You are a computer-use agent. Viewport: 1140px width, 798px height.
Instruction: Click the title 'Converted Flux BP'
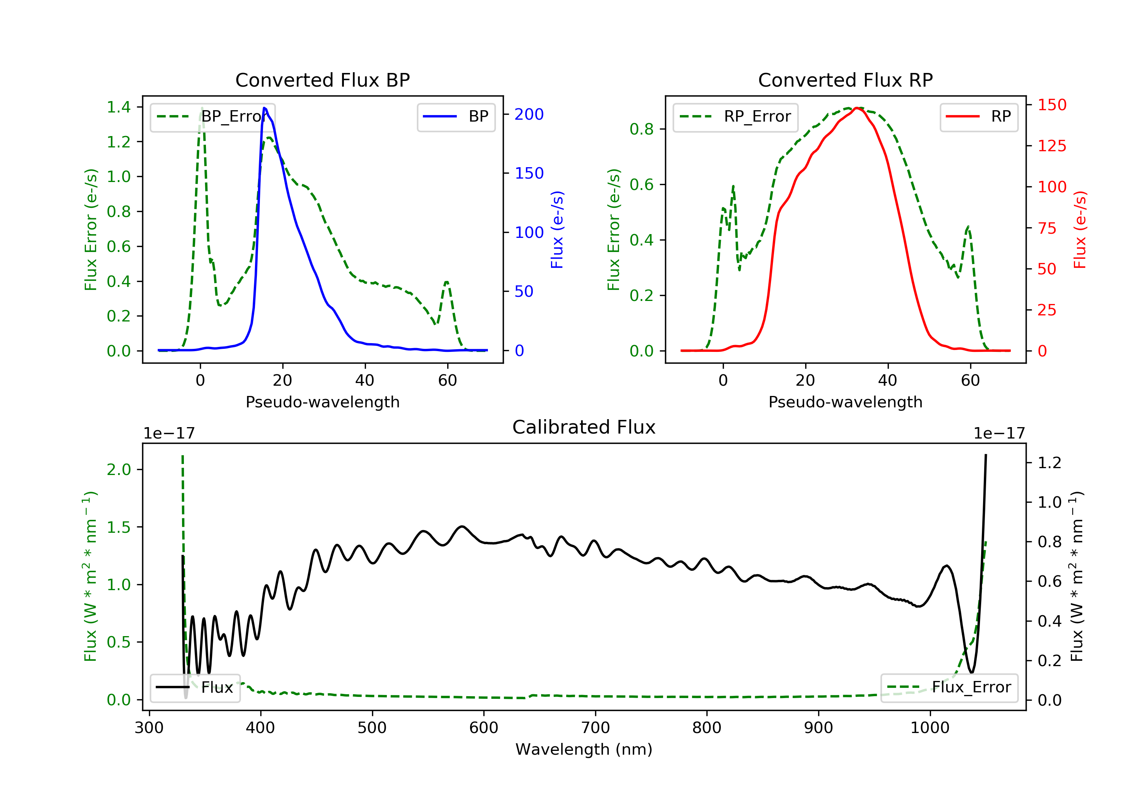[323, 80]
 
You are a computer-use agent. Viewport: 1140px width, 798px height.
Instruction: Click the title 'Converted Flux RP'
[845, 80]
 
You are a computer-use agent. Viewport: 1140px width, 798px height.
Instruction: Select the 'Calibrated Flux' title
[584, 427]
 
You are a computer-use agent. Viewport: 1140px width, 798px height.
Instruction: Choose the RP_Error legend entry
[735, 117]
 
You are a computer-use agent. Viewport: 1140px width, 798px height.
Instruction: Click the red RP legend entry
[978, 117]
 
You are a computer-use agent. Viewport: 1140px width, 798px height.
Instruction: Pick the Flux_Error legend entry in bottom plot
[949, 687]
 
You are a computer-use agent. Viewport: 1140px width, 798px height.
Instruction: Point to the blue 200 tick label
[529, 115]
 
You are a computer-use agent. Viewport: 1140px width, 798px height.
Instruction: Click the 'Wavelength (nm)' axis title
[584, 749]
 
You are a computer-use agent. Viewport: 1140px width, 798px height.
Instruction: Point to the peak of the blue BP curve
[264, 108]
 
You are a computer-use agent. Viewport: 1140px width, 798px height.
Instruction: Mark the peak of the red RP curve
[858, 108]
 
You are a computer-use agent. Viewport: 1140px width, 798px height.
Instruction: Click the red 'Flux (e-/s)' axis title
[1080, 230]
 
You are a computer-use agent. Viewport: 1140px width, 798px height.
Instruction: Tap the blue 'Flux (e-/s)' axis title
[557, 230]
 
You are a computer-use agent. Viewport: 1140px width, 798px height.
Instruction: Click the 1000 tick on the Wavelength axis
[930, 728]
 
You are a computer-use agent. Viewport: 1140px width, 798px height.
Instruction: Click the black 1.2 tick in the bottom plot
[1050, 463]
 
